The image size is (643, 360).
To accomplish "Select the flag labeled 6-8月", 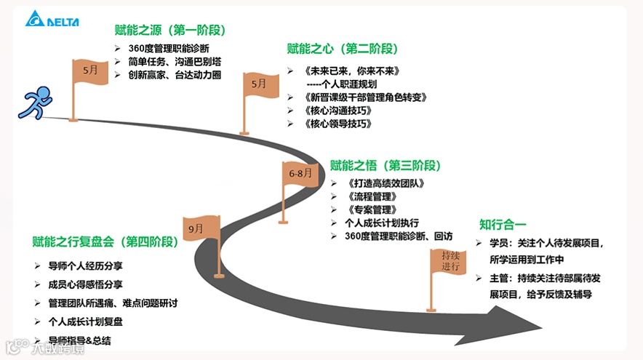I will click(x=300, y=175).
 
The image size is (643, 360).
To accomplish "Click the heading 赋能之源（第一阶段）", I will click(x=170, y=31).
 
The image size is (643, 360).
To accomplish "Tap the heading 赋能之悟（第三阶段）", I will click(x=386, y=165).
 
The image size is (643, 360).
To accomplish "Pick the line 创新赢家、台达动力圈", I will click(x=175, y=75).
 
